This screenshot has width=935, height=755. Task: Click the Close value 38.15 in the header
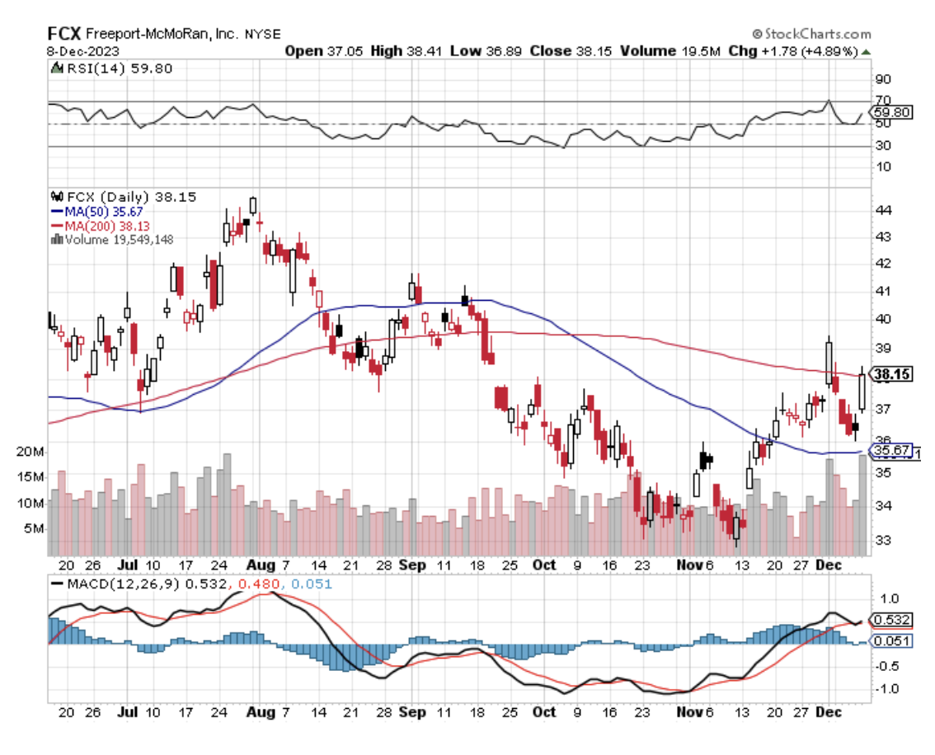551,50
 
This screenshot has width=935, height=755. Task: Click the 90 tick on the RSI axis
883,80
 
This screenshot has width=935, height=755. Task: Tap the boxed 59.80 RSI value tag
893,112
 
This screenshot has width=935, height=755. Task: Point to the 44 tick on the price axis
882,209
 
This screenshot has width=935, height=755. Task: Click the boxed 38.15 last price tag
891,374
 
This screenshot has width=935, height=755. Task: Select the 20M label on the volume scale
31,452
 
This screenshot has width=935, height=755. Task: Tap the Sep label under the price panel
412,565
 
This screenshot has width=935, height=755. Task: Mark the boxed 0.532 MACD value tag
892,620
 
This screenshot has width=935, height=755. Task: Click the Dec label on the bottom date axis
829,711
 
